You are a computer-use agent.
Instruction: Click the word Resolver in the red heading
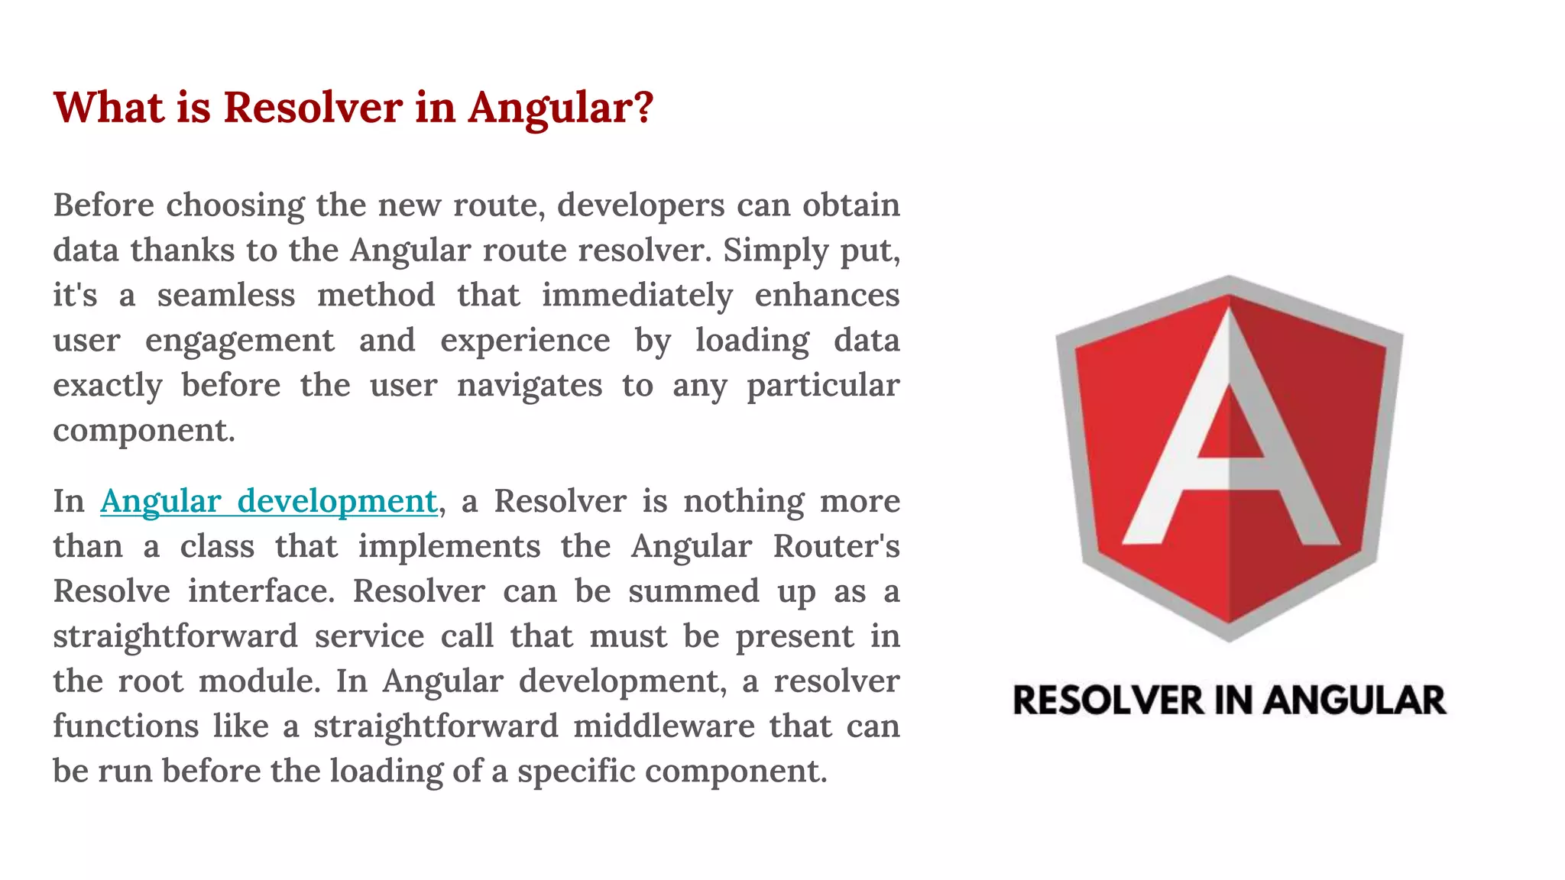point(313,107)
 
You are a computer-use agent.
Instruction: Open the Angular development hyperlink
point(268,502)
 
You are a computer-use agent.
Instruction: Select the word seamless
point(226,296)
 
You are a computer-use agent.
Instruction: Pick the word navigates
point(530,386)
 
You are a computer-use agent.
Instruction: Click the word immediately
point(637,296)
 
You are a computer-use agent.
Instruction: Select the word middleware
point(664,726)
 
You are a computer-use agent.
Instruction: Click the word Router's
point(836,547)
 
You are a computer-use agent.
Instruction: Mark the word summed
point(694,591)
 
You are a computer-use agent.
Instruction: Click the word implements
point(449,547)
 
